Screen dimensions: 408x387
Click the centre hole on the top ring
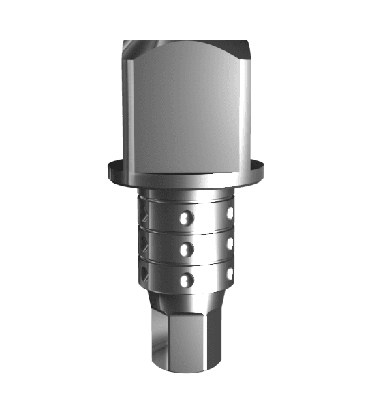point(183,218)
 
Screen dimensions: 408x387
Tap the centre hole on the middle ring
point(183,249)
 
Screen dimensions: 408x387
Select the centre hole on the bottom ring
point(183,279)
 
